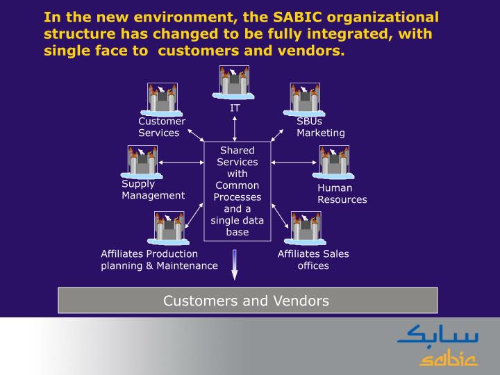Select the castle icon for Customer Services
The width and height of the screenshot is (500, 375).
pyautogui.click(x=162, y=99)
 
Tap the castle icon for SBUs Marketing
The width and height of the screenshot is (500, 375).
pyautogui.click(x=305, y=99)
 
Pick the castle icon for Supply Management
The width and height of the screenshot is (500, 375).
pyautogui.click(x=142, y=162)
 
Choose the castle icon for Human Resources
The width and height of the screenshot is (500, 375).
pyautogui.click(x=334, y=162)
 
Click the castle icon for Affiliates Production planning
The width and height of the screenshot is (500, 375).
pyautogui.click(x=168, y=228)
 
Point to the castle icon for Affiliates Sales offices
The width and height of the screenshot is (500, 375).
pyautogui.click(x=306, y=228)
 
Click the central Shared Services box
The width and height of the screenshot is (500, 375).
pyautogui.click(x=237, y=191)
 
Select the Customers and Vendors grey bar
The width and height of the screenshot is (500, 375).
pyautogui.click(x=247, y=301)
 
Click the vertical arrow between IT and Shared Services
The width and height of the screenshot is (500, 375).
pyautogui.click(x=235, y=128)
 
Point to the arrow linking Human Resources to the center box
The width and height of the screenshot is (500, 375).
pyautogui.click(x=292, y=162)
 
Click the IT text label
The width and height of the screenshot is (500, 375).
pyautogui.click(x=235, y=108)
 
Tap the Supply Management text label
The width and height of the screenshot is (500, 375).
pyautogui.click(x=153, y=190)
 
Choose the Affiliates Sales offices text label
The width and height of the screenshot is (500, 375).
pyautogui.click(x=313, y=260)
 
